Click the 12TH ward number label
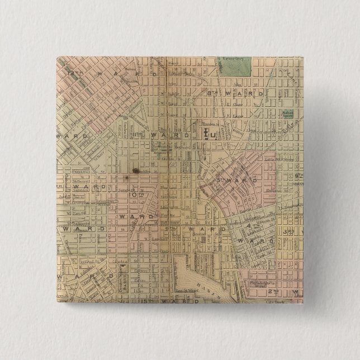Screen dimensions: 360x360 coord(73,73)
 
